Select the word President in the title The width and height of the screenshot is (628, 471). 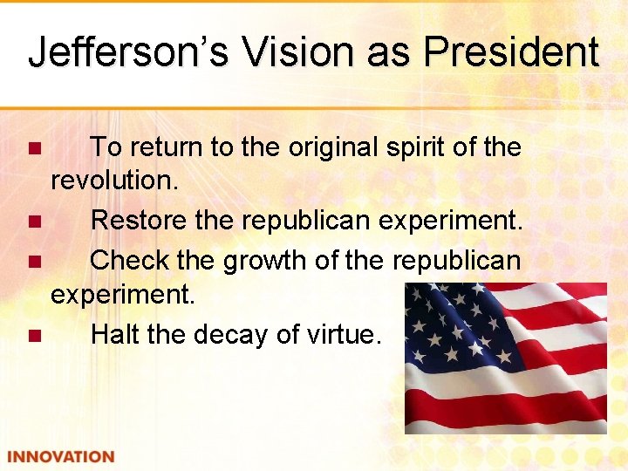click(x=510, y=51)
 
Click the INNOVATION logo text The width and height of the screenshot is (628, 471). click(x=60, y=456)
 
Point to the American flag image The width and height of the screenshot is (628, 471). click(x=505, y=358)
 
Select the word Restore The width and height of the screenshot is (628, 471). click(x=140, y=222)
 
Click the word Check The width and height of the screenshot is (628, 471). click(x=130, y=260)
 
